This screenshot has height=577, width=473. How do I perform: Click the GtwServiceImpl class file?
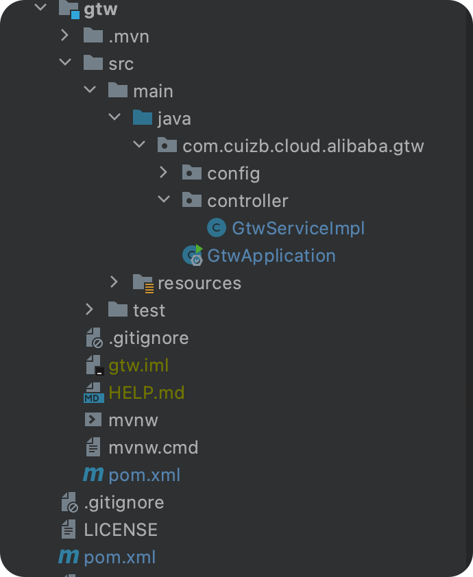(298, 228)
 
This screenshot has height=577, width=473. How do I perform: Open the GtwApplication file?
(271, 256)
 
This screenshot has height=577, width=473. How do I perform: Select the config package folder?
(233, 173)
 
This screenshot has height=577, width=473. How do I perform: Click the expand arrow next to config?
(163, 173)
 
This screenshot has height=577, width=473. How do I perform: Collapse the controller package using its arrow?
(163, 200)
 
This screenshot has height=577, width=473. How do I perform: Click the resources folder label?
(199, 283)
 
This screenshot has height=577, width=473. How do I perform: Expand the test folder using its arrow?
(89, 310)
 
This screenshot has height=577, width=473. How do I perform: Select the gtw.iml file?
(138, 365)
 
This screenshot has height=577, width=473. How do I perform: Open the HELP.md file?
(146, 393)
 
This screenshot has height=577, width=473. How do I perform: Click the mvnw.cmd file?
(153, 447)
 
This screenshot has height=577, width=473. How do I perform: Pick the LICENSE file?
(121, 530)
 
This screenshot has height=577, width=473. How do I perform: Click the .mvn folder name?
(129, 36)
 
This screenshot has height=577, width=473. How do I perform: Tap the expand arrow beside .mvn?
(64, 36)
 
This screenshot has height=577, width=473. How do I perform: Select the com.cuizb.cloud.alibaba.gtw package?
(303, 146)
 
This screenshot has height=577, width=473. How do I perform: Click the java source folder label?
(174, 119)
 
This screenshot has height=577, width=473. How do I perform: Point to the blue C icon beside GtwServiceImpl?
(217, 228)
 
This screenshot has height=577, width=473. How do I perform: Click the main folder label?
(153, 91)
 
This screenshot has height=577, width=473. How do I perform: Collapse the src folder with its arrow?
(64, 63)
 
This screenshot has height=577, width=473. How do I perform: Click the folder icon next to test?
(118, 310)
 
